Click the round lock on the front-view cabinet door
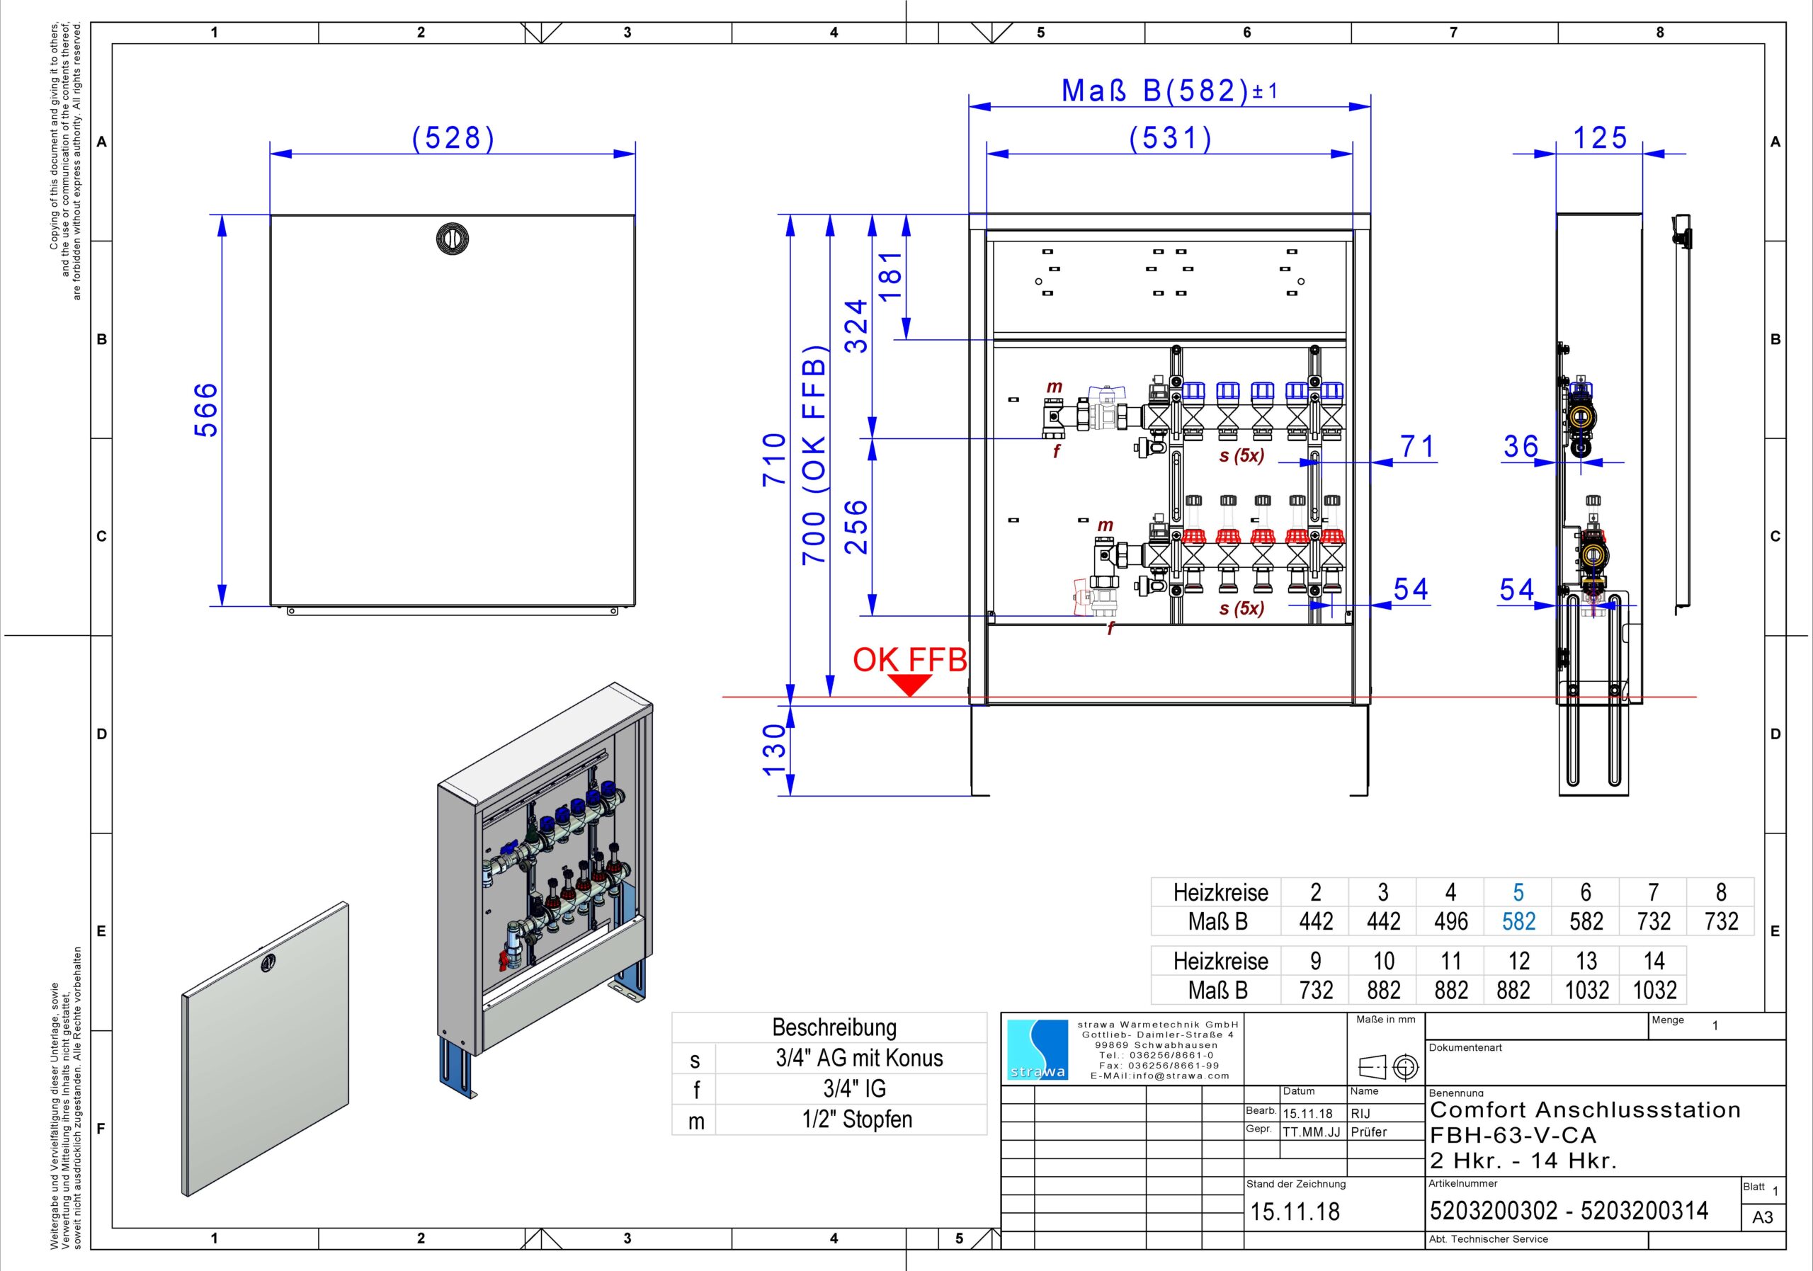pos(453,239)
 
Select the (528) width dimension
pos(453,138)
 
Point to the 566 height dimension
pos(205,410)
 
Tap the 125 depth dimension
pos(1600,138)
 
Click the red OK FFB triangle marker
pos(911,685)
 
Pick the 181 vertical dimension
pos(890,275)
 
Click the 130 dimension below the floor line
pos(774,751)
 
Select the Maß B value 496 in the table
pos(1450,921)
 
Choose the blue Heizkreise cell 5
pos(1518,892)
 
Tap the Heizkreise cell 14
pos(1654,961)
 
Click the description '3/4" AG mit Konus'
pos(859,1058)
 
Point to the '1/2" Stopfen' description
pos(857,1119)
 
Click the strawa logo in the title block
pos(1038,1050)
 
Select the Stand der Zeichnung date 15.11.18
pos(1295,1212)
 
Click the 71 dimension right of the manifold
pos(1416,447)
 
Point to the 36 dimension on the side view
pos(1521,447)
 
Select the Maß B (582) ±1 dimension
pos(1169,91)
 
